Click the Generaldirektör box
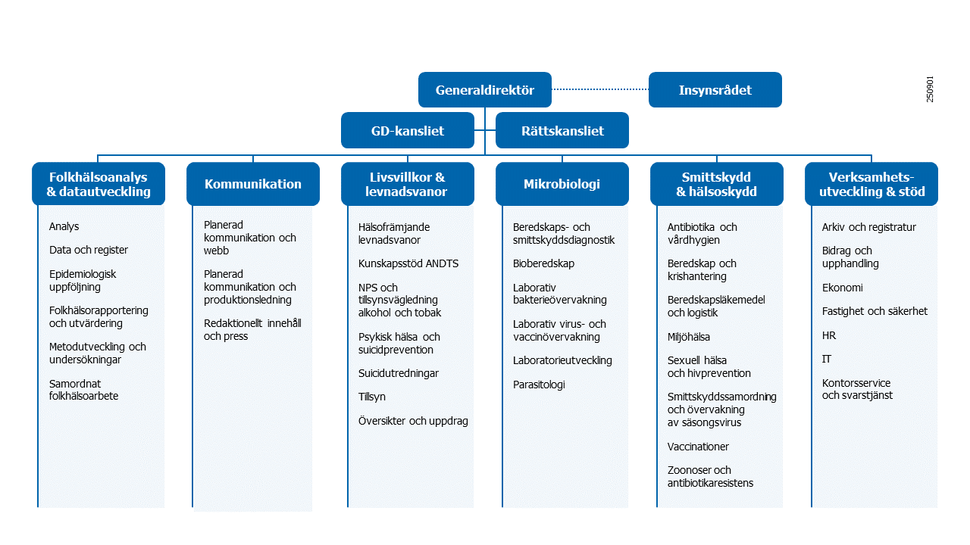[x=484, y=90]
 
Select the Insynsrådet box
[x=715, y=90]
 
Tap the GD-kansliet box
[x=407, y=130]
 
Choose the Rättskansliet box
[x=562, y=130]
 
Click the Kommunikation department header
[x=252, y=184]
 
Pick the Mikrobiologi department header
[x=562, y=184]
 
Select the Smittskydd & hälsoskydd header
[x=716, y=184]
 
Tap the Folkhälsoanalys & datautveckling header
[x=98, y=184]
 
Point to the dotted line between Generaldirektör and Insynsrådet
[x=600, y=89]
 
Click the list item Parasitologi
[x=539, y=385]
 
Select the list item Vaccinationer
[x=698, y=447]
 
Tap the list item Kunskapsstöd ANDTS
[x=408, y=263]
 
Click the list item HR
[x=829, y=335]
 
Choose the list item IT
[x=827, y=359]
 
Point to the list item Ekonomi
[x=842, y=288]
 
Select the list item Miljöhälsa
[x=688, y=337]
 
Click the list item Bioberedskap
[x=543, y=263]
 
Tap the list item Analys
[x=64, y=226]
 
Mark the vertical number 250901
[x=930, y=89]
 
